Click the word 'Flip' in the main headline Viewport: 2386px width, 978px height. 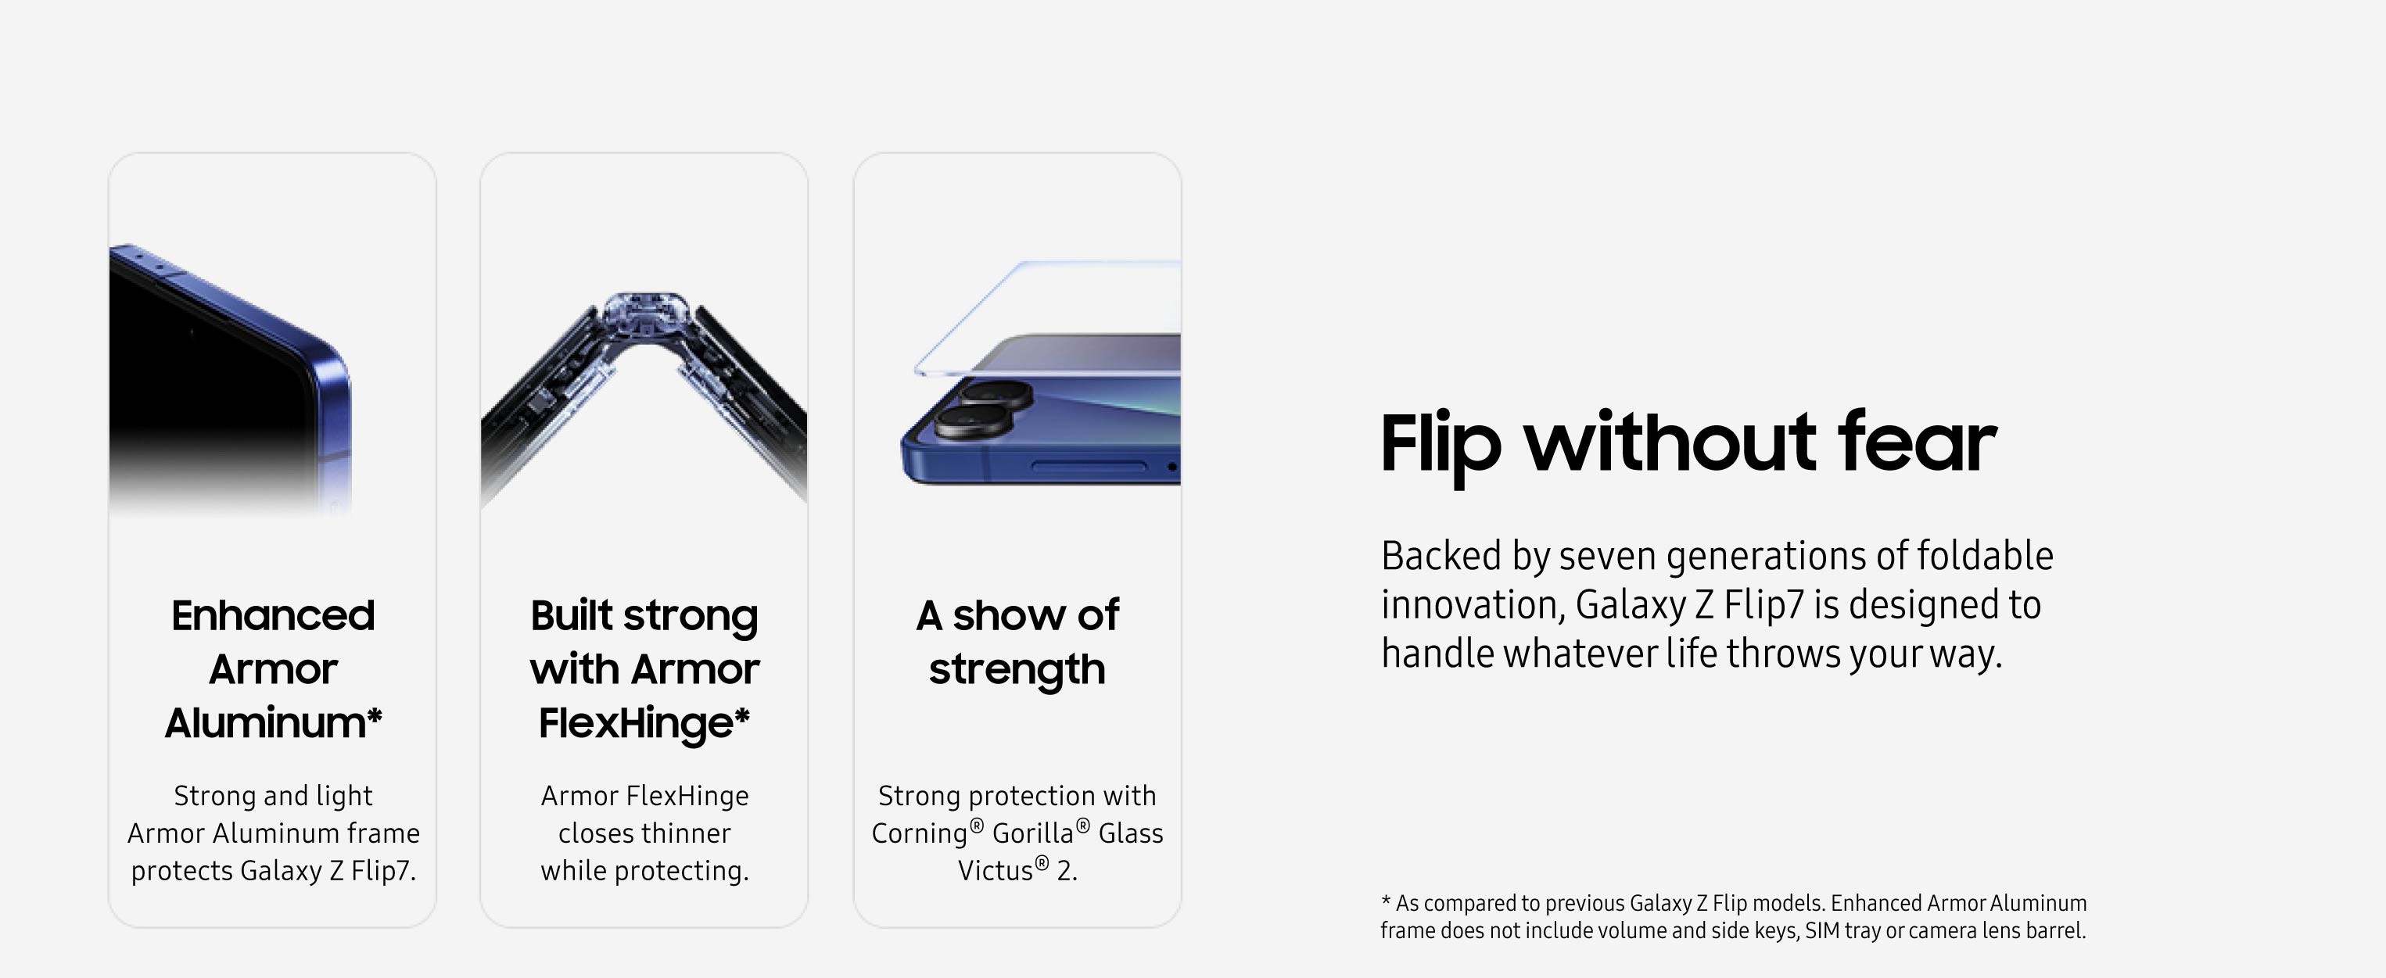[x=1440, y=447]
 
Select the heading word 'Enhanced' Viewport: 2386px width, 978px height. [x=273, y=616]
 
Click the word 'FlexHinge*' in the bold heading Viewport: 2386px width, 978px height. [x=644, y=723]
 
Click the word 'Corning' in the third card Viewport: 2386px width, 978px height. [x=919, y=833]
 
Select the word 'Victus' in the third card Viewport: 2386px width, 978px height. [x=995, y=871]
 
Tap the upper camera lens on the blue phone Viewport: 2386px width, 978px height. [x=996, y=392]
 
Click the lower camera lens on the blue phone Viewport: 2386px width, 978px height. [x=971, y=421]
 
